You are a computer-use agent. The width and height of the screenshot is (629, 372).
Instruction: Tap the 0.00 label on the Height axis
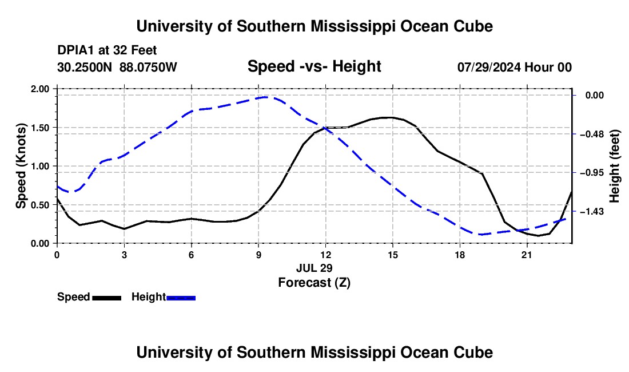point(595,95)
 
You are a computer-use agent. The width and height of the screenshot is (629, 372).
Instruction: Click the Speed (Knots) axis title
point(21,166)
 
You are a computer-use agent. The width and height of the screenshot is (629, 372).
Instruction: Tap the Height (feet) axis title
point(614,166)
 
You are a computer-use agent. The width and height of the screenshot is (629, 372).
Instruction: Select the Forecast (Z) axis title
point(314,283)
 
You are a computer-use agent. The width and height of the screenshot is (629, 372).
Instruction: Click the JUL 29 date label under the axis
point(314,268)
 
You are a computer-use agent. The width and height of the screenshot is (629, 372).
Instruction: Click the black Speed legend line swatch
point(107,298)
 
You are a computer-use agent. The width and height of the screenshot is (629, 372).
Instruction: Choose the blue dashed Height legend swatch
point(181,298)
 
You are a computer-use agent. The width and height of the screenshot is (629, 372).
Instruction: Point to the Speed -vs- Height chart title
point(314,66)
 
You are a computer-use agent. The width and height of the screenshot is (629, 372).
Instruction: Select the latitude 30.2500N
point(84,67)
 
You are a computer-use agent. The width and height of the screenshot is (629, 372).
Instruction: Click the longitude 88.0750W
point(148,67)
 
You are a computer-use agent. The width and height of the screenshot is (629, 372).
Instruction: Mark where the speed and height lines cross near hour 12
point(324,128)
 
